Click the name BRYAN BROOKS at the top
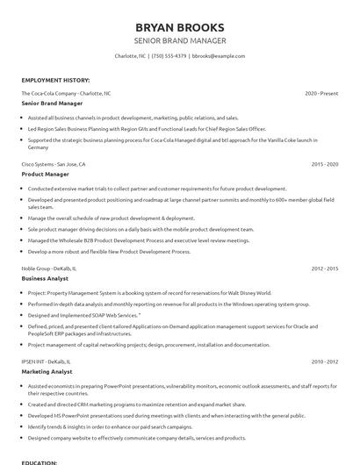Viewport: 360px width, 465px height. [x=180, y=27]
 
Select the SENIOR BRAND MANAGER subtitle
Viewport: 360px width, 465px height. [x=180, y=41]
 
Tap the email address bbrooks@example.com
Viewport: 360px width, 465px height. [x=218, y=56]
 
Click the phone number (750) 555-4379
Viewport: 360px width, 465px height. [x=169, y=56]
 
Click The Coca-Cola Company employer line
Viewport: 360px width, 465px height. [x=66, y=92]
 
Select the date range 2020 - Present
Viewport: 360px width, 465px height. [x=321, y=92]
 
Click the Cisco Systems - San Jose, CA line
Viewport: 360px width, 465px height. [x=54, y=164]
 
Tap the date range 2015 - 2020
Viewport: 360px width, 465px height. [x=324, y=164]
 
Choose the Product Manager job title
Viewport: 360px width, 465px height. [x=46, y=175]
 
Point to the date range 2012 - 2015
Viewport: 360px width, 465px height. [x=324, y=268]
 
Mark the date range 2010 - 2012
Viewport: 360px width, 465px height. [x=324, y=361]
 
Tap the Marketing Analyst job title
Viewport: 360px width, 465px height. [x=47, y=371]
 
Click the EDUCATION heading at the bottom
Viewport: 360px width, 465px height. [x=40, y=461]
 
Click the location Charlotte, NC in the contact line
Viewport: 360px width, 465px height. [x=130, y=56]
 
